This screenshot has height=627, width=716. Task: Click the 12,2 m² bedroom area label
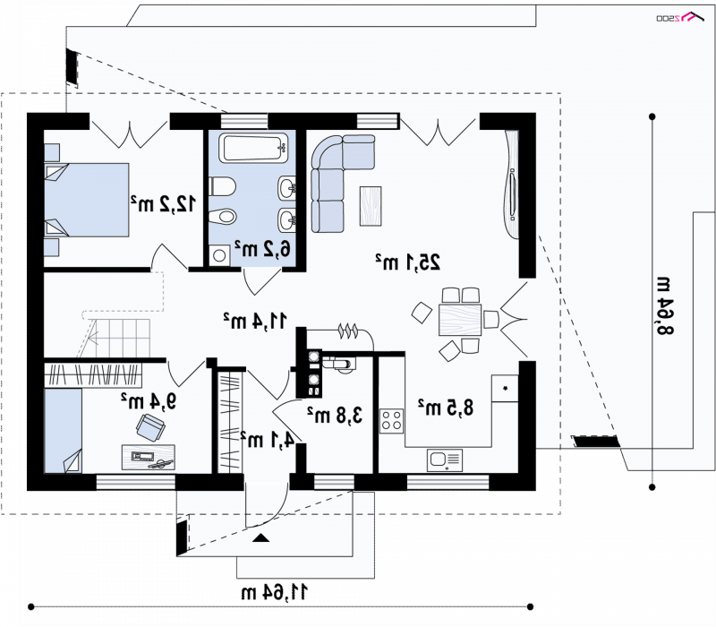point(164,203)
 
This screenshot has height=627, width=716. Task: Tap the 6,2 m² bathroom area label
point(262,249)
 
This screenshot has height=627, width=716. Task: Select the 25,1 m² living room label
point(408,262)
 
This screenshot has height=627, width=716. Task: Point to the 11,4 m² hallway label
point(255,321)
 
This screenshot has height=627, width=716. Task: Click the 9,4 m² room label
point(149,400)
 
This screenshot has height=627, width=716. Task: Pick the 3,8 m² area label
point(335,415)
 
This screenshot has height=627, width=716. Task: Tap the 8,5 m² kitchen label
point(446,408)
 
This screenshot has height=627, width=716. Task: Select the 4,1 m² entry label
point(267,439)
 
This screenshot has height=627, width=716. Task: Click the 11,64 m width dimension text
point(275,593)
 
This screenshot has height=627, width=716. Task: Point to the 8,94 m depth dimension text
point(665,305)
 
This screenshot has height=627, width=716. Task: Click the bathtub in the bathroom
point(253,147)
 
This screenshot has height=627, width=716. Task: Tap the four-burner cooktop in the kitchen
point(392,421)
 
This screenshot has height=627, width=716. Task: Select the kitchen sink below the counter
point(444,460)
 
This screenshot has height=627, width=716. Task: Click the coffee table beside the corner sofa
point(371,206)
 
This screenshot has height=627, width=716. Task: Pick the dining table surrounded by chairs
point(460,321)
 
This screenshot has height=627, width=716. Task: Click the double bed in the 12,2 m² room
point(87,200)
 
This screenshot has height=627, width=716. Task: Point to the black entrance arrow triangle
point(260,538)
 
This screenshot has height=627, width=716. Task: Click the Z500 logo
point(679,17)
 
